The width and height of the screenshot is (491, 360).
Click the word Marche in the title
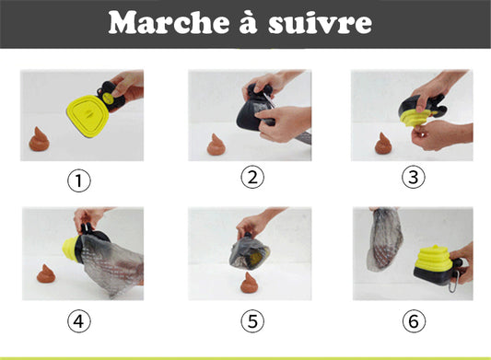tap(170, 22)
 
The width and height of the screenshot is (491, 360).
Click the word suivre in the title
tap(320, 23)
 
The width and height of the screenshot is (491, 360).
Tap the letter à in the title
tap(249, 22)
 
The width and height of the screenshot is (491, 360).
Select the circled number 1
tap(79, 180)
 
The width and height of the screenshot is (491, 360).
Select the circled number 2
tap(252, 177)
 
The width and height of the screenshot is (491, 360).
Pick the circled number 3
tap(414, 177)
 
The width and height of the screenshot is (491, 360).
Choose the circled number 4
tap(79, 321)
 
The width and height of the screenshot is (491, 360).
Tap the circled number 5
tap(252, 321)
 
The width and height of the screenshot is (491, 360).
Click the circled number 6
tap(414, 321)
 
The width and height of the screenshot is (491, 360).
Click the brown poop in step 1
tap(39, 140)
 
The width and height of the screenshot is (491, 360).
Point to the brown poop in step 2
tap(215, 145)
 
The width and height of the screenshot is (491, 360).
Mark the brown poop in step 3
tap(383, 144)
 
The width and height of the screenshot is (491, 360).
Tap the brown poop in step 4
tap(46, 273)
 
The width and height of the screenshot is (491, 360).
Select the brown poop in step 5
tap(249, 283)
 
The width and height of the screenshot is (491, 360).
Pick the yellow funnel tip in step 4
tap(70, 248)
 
